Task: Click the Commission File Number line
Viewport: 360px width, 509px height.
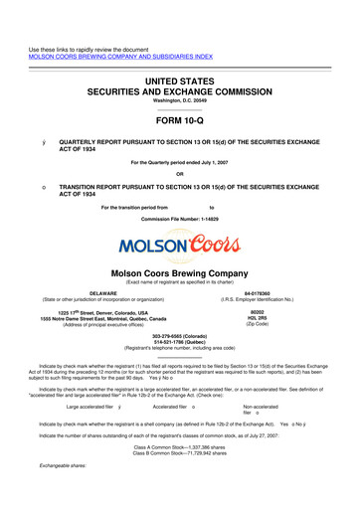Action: point(179,216)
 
